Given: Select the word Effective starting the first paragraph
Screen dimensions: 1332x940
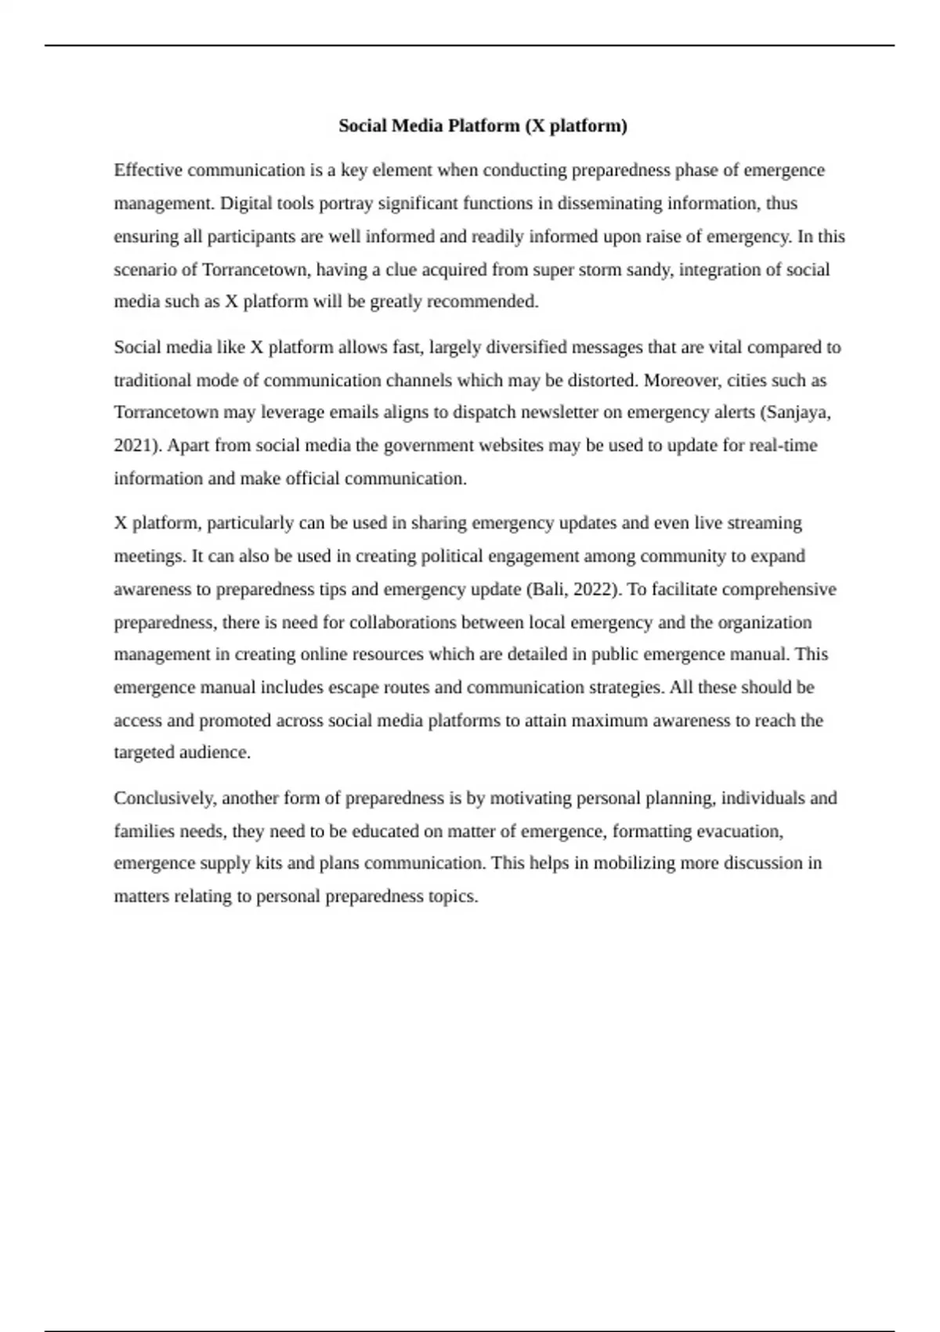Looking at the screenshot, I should pyautogui.click(x=147, y=170).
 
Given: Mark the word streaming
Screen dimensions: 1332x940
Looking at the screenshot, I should pyautogui.click(x=765, y=523).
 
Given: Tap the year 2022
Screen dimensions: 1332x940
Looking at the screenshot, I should pyautogui.click(x=596, y=588).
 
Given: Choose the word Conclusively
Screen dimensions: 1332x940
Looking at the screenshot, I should pyautogui.click(x=165, y=798).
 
